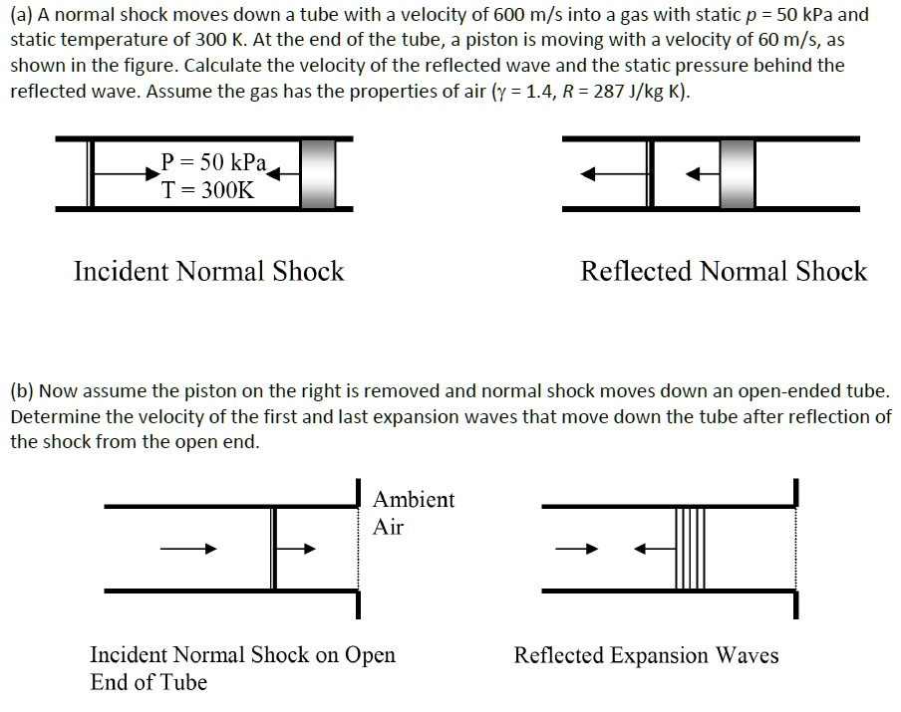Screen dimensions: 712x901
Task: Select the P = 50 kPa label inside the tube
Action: pyautogui.click(x=212, y=162)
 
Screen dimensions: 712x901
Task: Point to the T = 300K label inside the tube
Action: pyautogui.click(x=208, y=190)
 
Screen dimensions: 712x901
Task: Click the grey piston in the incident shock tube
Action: pyautogui.click(x=317, y=173)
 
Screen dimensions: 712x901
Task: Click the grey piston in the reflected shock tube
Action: pyautogui.click(x=738, y=173)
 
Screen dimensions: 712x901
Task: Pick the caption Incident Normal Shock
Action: pyautogui.click(x=208, y=271)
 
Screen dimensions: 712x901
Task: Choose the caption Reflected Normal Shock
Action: pyautogui.click(x=724, y=271)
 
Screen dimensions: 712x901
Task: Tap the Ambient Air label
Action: pyautogui.click(x=414, y=513)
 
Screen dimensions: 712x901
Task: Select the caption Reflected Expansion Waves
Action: pyautogui.click(x=646, y=655)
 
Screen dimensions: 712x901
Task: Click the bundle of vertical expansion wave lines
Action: pyautogui.click(x=690, y=548)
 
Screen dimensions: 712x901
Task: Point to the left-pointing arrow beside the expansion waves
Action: pyautogui.click(x=653, y=548)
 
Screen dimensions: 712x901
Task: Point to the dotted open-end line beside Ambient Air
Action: pyautogui.click(x=358, y=548)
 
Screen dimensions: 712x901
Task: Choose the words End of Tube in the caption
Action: pyautogui.click(x=149, y=682)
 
